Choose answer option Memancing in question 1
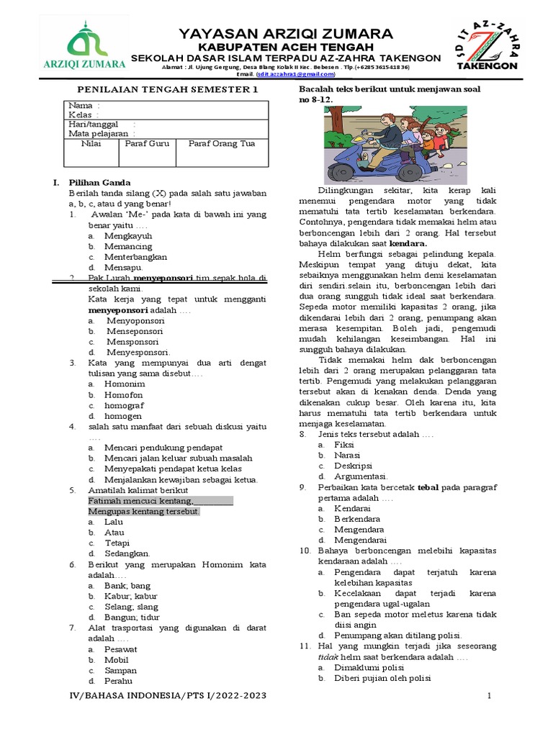[128, 246]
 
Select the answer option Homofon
[123, 394]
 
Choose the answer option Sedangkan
[127, 553]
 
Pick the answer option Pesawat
[120, 648]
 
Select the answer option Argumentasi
[361, 476]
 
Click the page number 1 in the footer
[489, 696]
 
